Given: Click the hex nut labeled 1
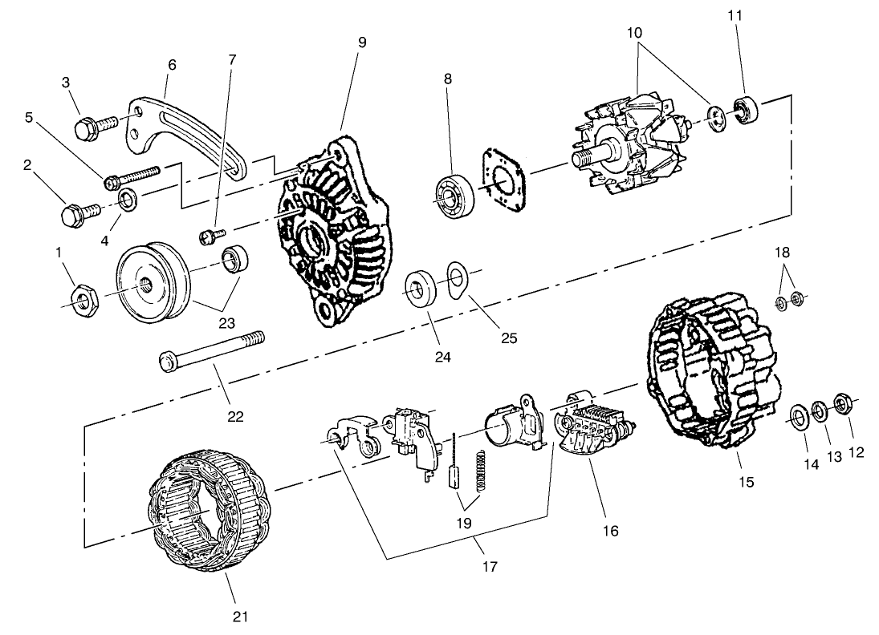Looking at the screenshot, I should coord(84,300).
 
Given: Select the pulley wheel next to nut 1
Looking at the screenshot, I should coord(153,285).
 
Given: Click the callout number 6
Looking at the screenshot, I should coord(172,64).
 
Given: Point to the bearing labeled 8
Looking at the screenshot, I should coord(456,195).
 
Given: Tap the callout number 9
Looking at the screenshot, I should coord(362,42).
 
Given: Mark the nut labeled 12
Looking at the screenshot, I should coord(844,401).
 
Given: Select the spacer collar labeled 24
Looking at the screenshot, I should coord(421,289).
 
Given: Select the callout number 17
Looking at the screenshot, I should coord(489,567).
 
